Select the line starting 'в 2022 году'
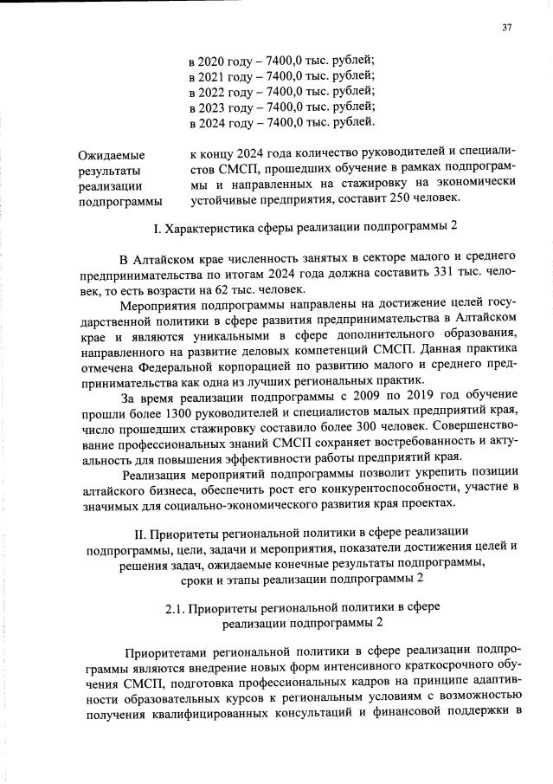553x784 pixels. tap(281, 92)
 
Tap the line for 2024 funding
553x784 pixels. tap(281, 123)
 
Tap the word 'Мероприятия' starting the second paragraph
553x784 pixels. tap(160, 305)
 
